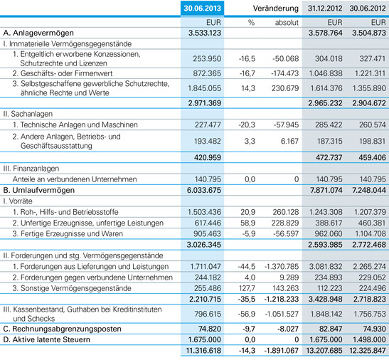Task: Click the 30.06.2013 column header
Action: [x=202, y=9]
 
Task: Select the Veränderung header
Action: [x=276, y=9]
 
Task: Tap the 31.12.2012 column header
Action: [x=325, y=9]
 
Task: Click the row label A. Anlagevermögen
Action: [x=38, y=33]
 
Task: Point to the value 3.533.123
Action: [x=205, y=33]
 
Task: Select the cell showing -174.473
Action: [x=285, y=73]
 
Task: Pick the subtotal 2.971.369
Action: [x=204, y=103]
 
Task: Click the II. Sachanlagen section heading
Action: [x=28, y=114]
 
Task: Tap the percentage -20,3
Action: [x=247, y=125]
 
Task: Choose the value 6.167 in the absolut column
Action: [x=289, y=142]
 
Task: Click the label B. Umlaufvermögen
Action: [x=38, y=190]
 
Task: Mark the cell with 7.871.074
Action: [x=326, y=190]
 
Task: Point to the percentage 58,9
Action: [x=248, y=223]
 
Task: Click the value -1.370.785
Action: [x=282, y=267]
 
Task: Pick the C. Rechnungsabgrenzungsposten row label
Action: [x=63, y=329]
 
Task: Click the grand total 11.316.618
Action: [x=203, y=351]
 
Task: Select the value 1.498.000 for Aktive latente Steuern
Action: [x=369, y=339]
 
